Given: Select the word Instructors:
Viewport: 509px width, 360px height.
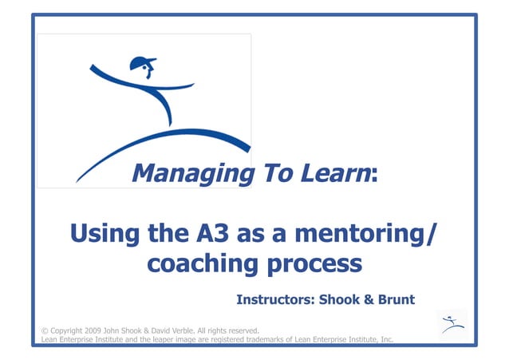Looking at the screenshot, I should pos(275,300).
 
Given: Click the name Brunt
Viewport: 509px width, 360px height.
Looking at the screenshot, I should pos(397,300).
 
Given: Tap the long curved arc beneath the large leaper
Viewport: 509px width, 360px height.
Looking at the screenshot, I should pos(160,144).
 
